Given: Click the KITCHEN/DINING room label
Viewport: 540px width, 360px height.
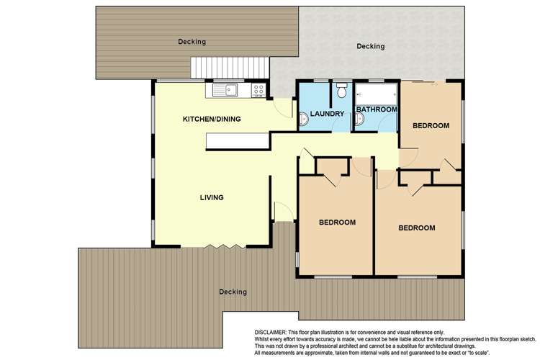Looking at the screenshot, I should (211, 119).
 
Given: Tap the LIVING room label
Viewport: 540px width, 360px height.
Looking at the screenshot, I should (212, 197).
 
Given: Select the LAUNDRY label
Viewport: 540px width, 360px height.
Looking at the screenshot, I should (326, 113).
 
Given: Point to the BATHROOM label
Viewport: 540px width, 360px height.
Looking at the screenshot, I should (376, 109).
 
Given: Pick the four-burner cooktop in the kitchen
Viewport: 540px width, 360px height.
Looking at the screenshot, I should (258, 91).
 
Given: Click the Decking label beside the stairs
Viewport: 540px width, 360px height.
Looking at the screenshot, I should (192, 42).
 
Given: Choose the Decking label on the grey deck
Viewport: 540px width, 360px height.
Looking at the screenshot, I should (371, 47).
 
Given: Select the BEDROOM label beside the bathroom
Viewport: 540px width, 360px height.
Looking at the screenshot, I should (431, 126).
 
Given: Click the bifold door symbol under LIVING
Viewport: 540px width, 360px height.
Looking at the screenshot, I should (217, 247).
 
